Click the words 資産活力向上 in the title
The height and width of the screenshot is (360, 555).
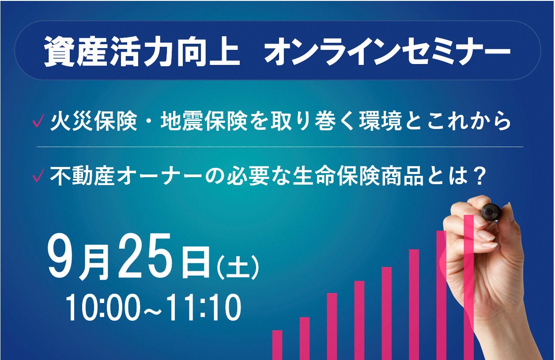pyautogui.click(x=142, y=52)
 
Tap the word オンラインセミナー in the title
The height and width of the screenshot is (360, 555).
pyautogui.click(x=387, y=52)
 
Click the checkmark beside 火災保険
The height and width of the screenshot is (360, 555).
pyautogui.click(x=38, y=121)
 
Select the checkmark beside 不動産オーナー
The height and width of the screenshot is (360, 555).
pyautogui.click(x=38, y=175)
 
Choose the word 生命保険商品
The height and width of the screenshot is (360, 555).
pyautogui.click(x=358, y=176)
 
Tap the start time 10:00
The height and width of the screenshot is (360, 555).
pyautogui.click(x=101, y=308)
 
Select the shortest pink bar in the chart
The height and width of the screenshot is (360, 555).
pyautogui.click(x=277, y=345)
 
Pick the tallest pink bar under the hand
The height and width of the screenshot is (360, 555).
pyautogui.click(x=469, y=288)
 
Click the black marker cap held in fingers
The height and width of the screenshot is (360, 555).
pyautogui.click(x=491, y=212)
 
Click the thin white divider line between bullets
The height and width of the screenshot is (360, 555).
pyautogui.click(x=280, y=147)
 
